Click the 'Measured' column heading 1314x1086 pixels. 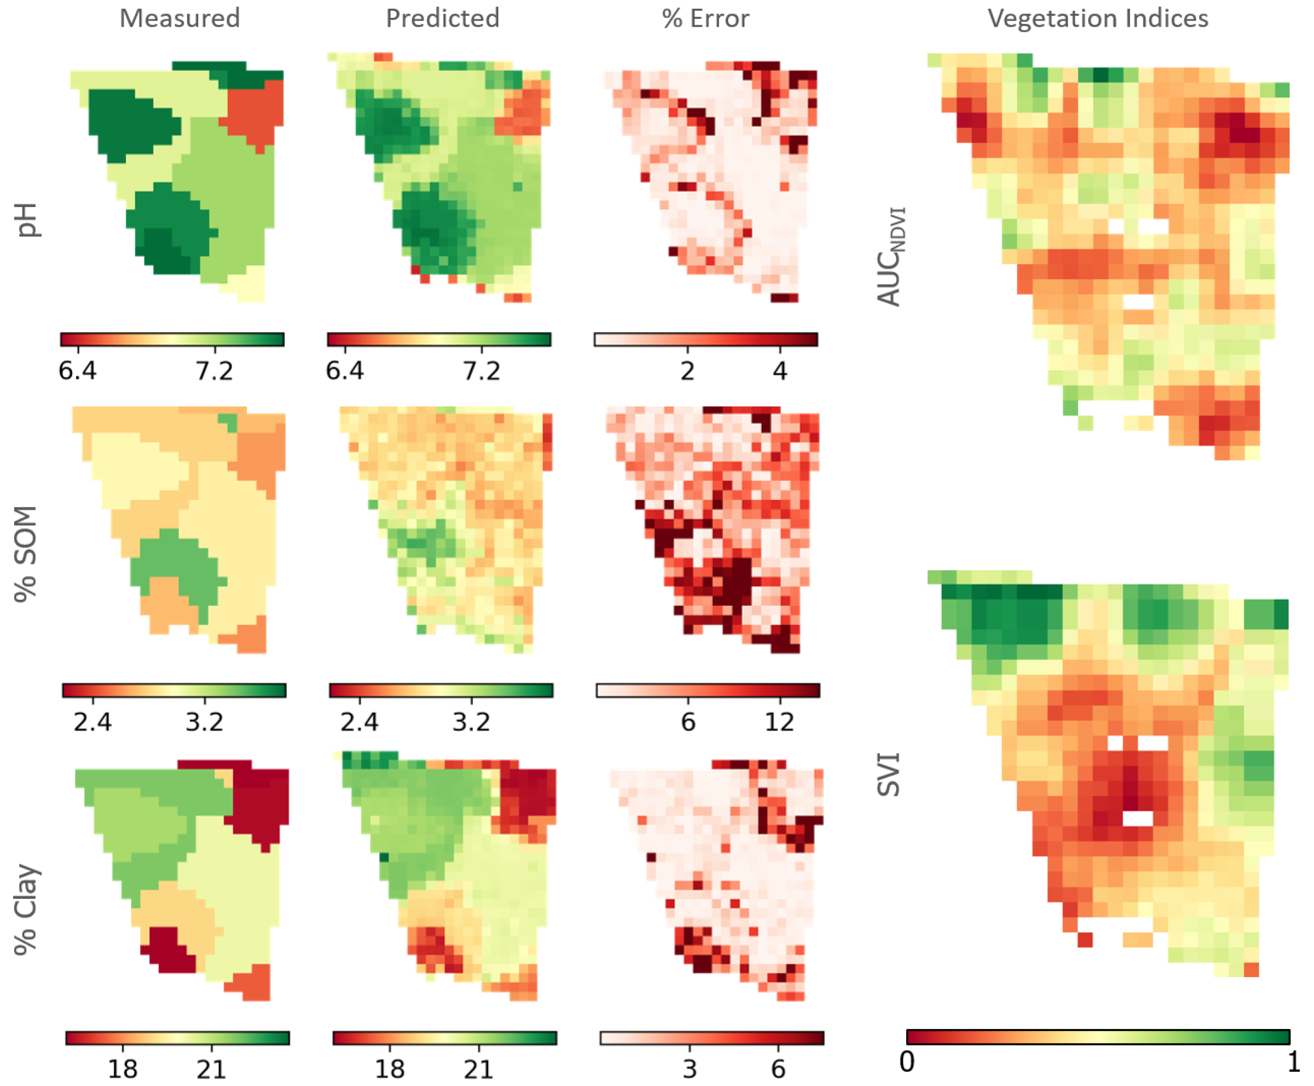pos(179,18)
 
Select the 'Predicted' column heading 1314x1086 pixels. pos(442,18)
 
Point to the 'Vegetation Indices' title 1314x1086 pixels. pos(1098,18)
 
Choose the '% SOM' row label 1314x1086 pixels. pos(26,554)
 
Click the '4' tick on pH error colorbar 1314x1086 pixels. pos(779,371)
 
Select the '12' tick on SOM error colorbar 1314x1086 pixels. pos(779,722)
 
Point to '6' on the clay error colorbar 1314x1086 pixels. pos(778,1069)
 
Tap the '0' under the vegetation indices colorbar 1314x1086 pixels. pos(907,1062)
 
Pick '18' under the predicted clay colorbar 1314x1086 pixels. pos(389,1069)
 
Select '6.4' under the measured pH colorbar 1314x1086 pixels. pos(78,371)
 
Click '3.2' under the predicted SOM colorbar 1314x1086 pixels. pos(471,722)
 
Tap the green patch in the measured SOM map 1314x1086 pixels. pos(178,563)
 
